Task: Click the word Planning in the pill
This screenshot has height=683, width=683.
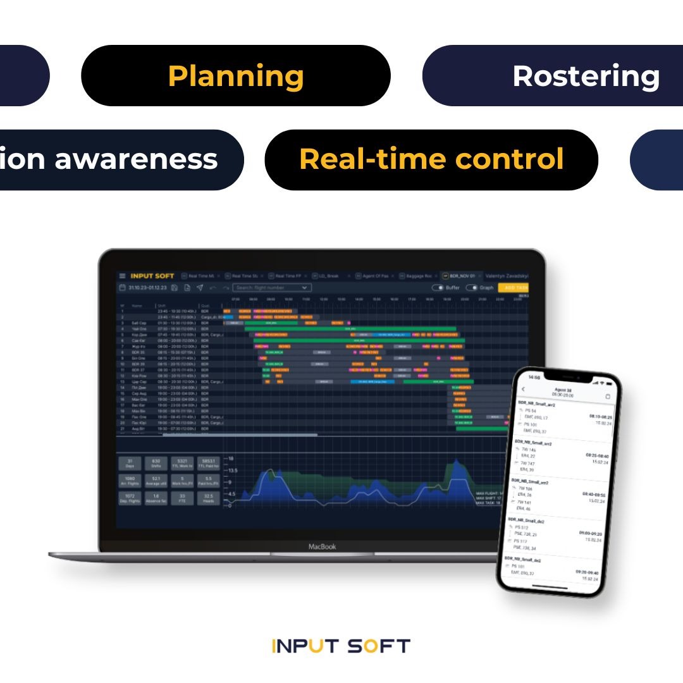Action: click(236, 76)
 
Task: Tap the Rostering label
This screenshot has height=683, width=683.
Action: click(586, 76)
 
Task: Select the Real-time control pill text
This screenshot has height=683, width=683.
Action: click(431, 159)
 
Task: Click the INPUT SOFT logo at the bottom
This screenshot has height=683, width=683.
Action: click(341, 646)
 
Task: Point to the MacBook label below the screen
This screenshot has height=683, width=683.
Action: click(322, 546)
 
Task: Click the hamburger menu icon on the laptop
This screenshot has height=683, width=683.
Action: click(122, 276)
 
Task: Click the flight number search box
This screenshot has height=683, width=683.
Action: click(271, 288)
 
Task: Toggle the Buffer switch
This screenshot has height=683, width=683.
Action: click(438, 288)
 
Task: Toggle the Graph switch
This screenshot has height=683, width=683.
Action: click(471, 288)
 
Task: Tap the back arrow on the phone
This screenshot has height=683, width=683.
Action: click(523, 389)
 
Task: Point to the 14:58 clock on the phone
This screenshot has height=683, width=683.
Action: click(534, 377)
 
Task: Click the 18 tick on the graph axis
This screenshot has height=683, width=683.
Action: click(231, 458)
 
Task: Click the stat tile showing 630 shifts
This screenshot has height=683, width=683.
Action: click(156, 464)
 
